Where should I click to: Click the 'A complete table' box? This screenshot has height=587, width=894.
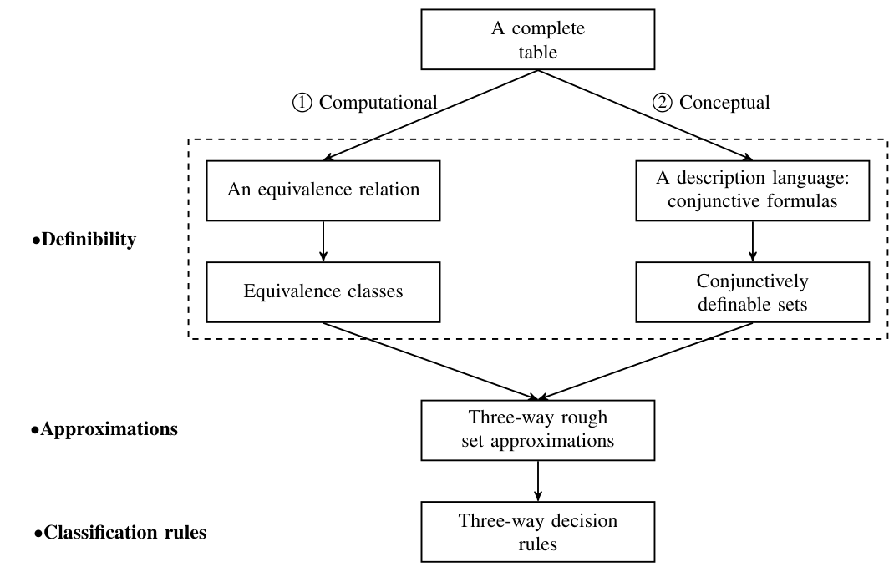tap(537, 40)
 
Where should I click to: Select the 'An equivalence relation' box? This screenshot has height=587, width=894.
tap(323, 190)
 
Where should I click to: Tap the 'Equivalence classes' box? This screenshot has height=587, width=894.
tap(323, 292)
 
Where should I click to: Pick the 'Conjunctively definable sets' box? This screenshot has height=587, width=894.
tap(754, 292)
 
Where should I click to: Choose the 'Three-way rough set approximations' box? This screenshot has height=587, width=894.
tap(537, 429)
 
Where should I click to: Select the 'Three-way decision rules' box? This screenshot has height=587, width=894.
tap(537, 531)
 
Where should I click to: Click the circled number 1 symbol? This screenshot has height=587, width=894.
tap(301, 104)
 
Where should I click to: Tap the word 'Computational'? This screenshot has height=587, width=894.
tap(378, 104)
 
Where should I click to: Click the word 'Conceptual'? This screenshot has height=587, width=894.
tap(724, 104)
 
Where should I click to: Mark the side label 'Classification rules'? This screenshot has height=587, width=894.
tap(119, 531)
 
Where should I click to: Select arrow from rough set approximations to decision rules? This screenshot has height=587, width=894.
tap(537, 479)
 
